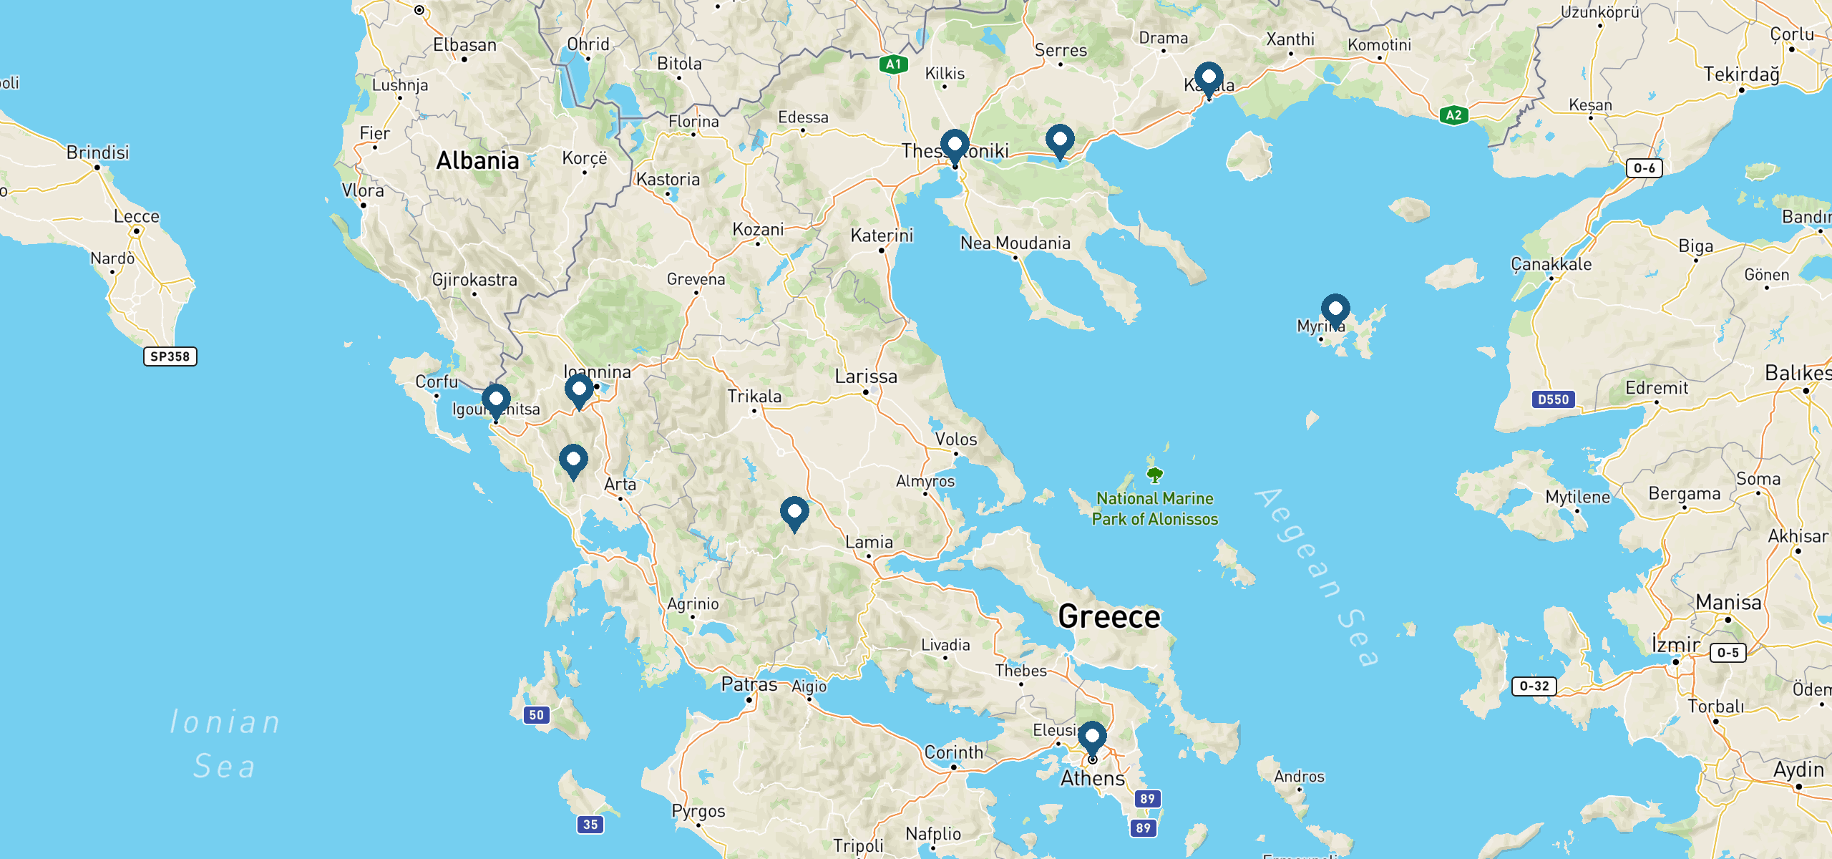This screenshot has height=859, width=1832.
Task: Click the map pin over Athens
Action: [x=1092, y=737]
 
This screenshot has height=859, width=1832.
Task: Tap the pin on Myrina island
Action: [x=1335, y=309]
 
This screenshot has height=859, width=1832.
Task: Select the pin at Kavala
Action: [x=1209, y=78]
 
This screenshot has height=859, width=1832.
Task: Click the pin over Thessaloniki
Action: [x=955, y=145]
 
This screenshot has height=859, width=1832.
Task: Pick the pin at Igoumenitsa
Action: [x=496, y=399]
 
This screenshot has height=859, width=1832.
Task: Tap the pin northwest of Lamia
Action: [x=794, y=513]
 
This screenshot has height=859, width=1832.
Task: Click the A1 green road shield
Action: [x=893, y=64]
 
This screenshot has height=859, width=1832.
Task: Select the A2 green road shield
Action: [x=1453, y=115]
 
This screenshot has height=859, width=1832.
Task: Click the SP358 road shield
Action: [x=170, y=356]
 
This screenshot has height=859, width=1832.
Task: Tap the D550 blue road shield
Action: [x=1553, y=399]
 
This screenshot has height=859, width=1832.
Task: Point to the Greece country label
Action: [x=1109, y=617]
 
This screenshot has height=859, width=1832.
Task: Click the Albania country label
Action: [x=477, y=161]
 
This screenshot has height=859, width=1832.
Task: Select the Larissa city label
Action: [x=865, y=377]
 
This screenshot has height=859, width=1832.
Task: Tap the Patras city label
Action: [x=749, y=684]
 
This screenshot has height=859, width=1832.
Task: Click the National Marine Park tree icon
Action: [x=1154, y=475]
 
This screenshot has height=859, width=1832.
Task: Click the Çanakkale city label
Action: [x=1551, y=264]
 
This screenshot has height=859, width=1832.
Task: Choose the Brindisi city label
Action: [x=98, y=152]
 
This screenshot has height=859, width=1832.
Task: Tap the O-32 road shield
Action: [x=1534, y=686]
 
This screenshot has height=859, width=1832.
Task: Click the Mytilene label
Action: [x=1577, y=497]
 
